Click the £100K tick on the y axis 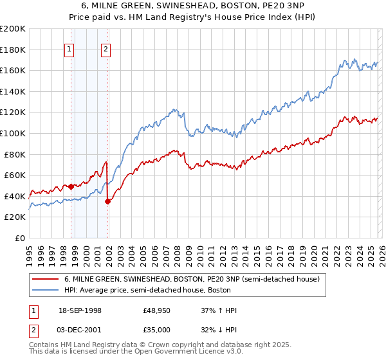[x=14, y=133]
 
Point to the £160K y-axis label [x=14, y=71]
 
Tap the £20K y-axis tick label [x=15, y=217]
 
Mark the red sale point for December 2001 [x=107, y=201]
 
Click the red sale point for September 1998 [x=71, y=186]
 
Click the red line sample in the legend [x=46, y=279]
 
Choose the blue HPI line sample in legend [x=46, y=291]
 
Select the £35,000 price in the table [x=157, y=329]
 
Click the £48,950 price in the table [x=157, y=310]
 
